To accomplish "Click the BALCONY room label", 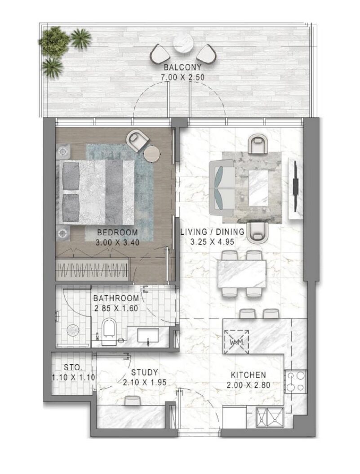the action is pyautogui.click(x=182, y=67).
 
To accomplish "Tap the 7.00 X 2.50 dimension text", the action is pyautogui.click(x=182, y=77).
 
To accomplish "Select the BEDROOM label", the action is pyautogui.click(x=117, y=233).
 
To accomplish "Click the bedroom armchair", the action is pyautogui.click(x=138, y=139).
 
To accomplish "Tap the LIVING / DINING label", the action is pyautogui.click(x=212, y=232).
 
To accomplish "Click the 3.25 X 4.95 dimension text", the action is pyautogui.click(x=212, y=241).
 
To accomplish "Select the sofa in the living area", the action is pyautogui.click(x=222, y=186).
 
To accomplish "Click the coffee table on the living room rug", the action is pyautogui.click(x=258, y=188).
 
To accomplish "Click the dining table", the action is pyautogui.click(x=242, y=274).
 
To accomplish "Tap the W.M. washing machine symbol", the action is pyautogui.click(x=236, y=341).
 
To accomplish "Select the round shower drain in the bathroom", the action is pyautogui.click(x=72, y=330).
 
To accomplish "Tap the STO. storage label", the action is pyautogui.click(x=73, y=367).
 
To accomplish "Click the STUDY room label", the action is pyautogui.click(x=144, y=372).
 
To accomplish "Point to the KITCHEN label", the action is pyautogui.click(x=248, y=375).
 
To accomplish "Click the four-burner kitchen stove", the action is pyautogui.click(x=296, y=381).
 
